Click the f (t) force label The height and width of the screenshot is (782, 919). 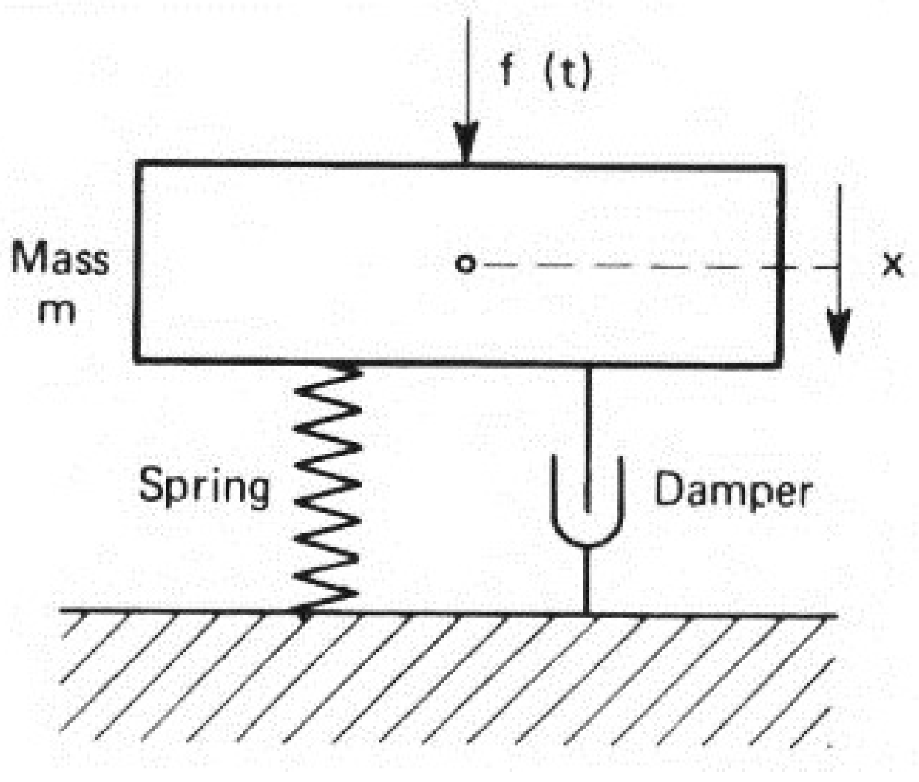(x=545, y=71)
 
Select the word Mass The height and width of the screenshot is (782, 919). (x=60, y=258)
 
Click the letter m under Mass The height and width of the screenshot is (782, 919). (x=56, y=312)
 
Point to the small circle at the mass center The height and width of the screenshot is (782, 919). (x=465, y=264)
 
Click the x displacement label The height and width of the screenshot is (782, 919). (x=893, y=265)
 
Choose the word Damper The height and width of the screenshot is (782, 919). (x=733, y=491)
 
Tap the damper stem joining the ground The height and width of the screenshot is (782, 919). (x=587, y=581)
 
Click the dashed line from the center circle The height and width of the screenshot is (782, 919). (x=640, y=266)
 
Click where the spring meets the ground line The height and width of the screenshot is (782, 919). (x=304, y=610)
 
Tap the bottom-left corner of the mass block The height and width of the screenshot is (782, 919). (x=137, y=360)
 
